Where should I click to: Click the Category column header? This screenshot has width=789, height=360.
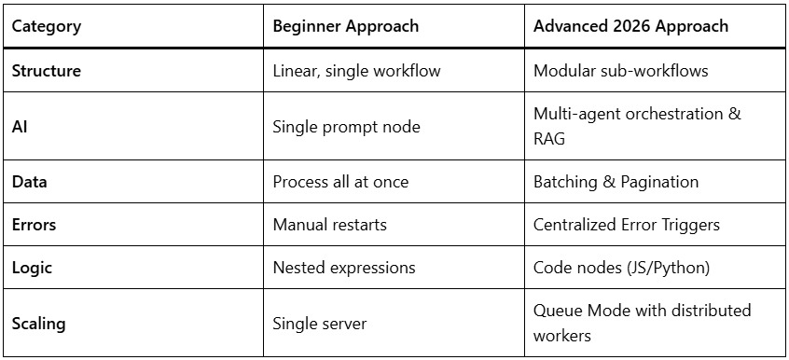(47, 26)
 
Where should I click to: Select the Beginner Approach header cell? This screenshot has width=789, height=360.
(345, 26)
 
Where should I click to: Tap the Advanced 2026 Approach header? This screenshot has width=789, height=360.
(630, 26)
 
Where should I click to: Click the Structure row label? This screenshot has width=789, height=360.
(47, 71)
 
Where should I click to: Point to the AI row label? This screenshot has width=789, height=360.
(20, 126)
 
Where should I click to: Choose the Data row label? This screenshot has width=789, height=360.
(30, 182)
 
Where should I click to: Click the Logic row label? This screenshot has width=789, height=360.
(33, 268)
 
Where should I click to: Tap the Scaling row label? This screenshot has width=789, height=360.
(39, 324)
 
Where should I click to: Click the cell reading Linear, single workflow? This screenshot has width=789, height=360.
(356, 71)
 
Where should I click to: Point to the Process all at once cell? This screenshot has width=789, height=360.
(340, 182)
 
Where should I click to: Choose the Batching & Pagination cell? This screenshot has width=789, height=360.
(616, 182)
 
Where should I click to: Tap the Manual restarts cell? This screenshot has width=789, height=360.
(329, 225)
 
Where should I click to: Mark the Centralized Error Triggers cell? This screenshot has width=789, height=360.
(627, 225)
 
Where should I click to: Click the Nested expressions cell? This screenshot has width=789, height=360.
(344, 268)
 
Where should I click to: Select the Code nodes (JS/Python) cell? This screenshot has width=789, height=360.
(622, 268)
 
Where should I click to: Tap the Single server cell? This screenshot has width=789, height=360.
(320, 324)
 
